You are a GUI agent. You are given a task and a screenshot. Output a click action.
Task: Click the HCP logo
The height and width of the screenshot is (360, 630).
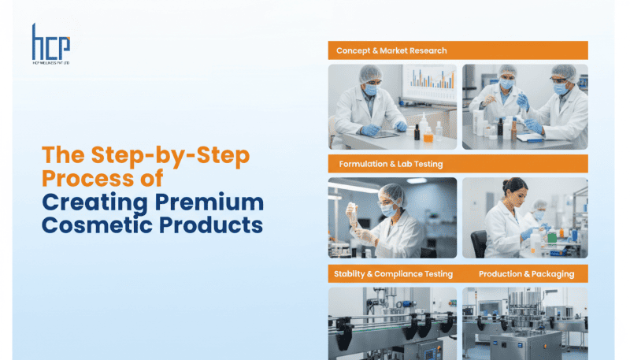(51, 44)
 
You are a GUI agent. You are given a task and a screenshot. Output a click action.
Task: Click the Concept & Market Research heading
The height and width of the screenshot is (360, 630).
(391, 50)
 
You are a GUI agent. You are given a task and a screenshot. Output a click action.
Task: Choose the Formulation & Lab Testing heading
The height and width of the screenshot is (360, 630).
(391, 164)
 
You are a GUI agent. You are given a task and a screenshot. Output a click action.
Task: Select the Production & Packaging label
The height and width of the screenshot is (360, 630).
(526, 274)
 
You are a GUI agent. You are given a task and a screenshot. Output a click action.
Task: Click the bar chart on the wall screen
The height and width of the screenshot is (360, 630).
(430, 79)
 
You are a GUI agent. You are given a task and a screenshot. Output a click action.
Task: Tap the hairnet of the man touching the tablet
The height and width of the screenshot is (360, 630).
(370, 73)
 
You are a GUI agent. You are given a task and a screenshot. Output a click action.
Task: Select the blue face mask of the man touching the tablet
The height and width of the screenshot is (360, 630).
(369, 90)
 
